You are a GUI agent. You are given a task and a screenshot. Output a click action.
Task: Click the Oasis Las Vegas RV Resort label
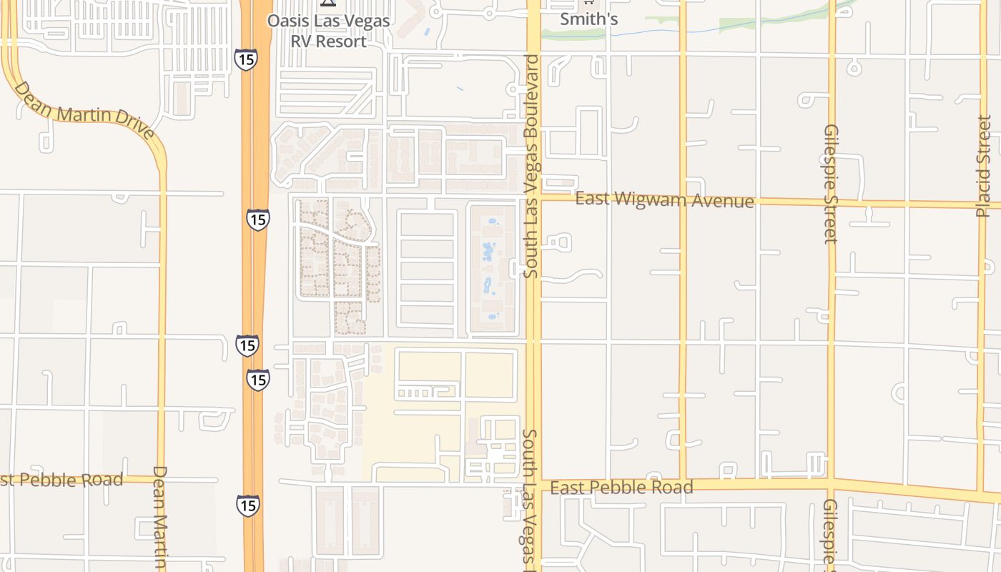click(x=328, y=30)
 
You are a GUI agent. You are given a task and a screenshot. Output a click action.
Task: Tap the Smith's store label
click(x=588, y=19)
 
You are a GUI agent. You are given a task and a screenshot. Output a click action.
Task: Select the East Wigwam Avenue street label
click(x=664, y=199)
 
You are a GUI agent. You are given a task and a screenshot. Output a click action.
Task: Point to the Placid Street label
click(x=984, y=166)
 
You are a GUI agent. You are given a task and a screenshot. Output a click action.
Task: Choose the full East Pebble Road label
click(x=622, y=488)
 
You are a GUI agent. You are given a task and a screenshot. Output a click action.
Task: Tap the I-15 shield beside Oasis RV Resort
click(x=245, y=59)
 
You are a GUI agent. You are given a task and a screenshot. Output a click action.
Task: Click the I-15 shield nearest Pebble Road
click(x=247, y=506)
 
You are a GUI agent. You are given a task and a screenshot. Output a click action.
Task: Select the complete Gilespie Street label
click(x=831, y=184)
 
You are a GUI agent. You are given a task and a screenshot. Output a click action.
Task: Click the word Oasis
click(x=288, y=20)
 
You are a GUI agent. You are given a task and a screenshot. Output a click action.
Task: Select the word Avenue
click(x=723, y=201)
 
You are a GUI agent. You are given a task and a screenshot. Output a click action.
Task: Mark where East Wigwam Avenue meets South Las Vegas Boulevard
click(x=533, y=198)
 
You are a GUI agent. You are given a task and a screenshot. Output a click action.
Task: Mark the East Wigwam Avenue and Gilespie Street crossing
click(x=832, y=202)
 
